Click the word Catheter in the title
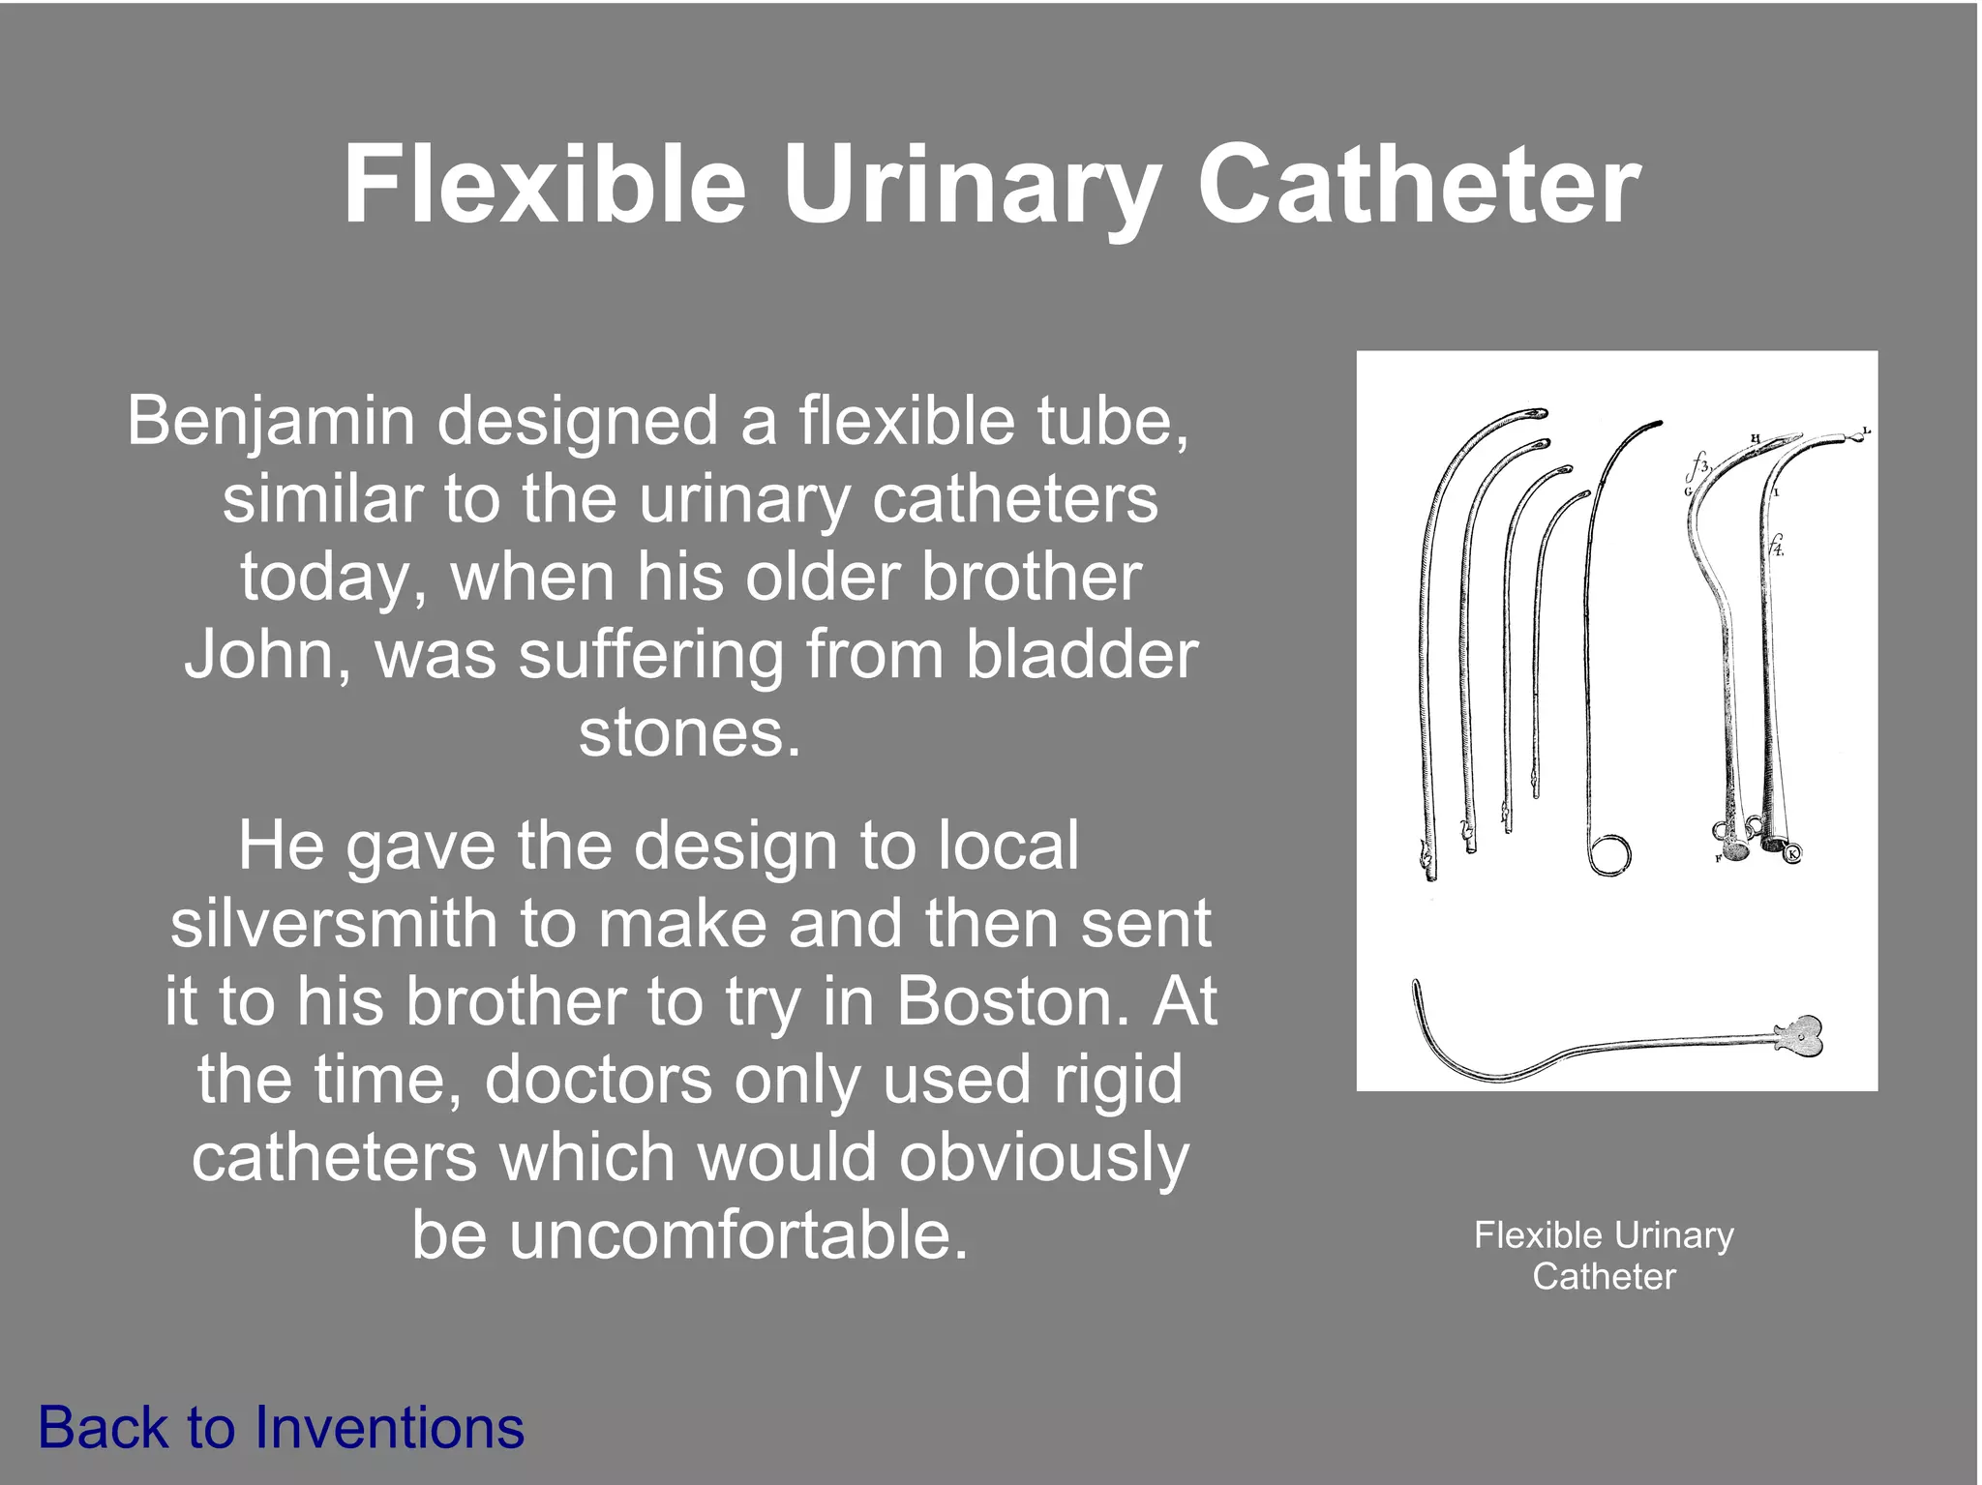(x=1418, y=184)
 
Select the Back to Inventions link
(x=281, y=1427)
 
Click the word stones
(x=689, y=732)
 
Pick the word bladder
(x=1082, y=655)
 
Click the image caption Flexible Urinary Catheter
(x=1604, y=1255)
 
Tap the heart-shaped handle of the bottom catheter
(x=1799, y=1036)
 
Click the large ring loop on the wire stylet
(x=1609, y=854)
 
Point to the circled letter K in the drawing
(x=1792, y=853)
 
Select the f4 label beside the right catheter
(x=1776, y=545)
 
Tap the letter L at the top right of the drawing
(x=1867, y=431)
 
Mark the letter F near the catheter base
(x=1719, y=858)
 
